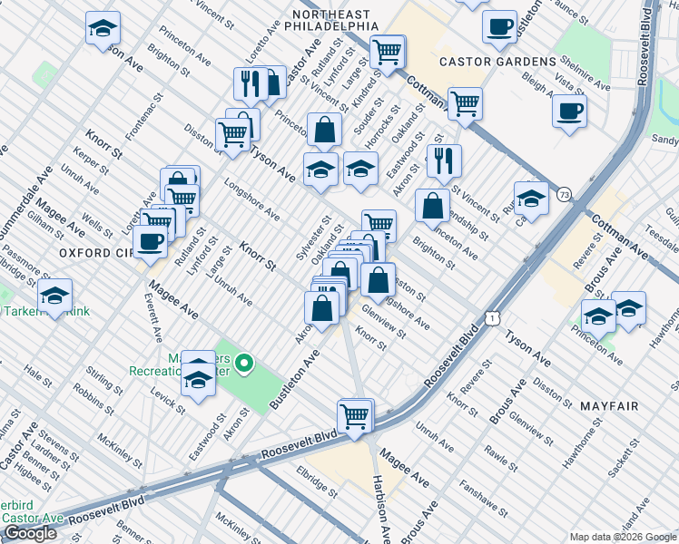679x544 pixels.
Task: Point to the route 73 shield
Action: point(565,195)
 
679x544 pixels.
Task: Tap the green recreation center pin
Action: point(243,365)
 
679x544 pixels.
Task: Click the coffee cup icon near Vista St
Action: point(569,112)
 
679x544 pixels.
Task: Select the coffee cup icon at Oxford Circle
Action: point(149,240)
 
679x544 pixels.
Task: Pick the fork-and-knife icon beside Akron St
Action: point(444,160)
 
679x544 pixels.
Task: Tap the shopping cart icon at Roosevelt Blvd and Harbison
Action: point(354,417)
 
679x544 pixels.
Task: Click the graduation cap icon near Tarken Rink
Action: point(54,296)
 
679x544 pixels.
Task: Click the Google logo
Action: point(31,533)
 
